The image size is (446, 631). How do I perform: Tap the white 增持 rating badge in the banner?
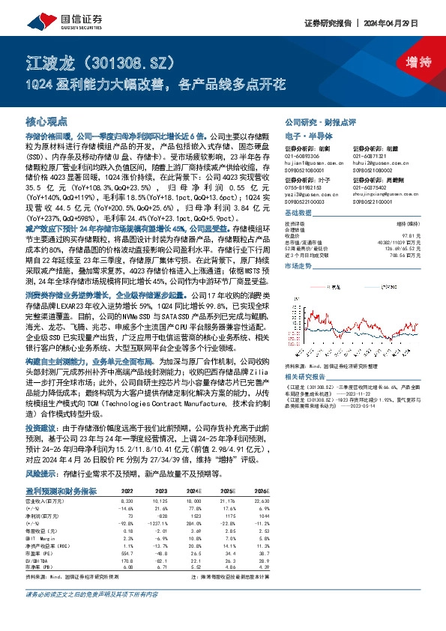(411, 62)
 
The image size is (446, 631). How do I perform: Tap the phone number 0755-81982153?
(308, 187)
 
